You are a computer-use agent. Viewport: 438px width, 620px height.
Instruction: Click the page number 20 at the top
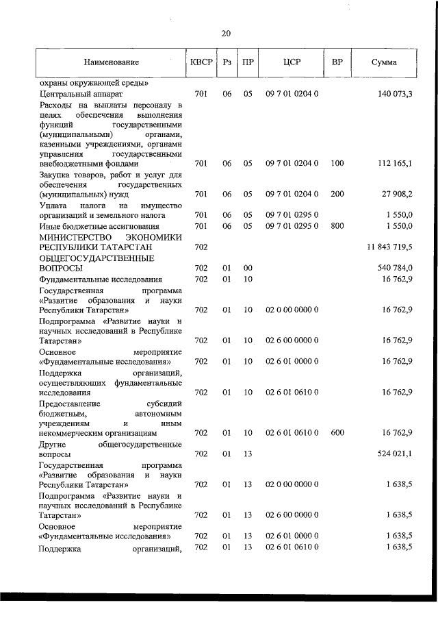coord(227,33)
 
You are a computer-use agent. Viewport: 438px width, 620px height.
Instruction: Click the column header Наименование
coord(111,63)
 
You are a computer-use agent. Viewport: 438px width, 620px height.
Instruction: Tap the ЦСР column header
coord(292,63)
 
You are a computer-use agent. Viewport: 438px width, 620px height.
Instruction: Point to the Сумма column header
coord(383,63)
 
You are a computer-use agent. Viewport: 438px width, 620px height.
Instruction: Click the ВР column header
coord(337,63)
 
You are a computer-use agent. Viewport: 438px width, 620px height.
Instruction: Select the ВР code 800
coord(337,225)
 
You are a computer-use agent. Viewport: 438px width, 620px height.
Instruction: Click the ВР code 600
coord(337,433)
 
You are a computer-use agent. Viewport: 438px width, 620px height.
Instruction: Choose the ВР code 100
coord(337,164)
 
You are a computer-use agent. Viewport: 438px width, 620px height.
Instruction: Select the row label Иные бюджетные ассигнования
coord(100,225)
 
